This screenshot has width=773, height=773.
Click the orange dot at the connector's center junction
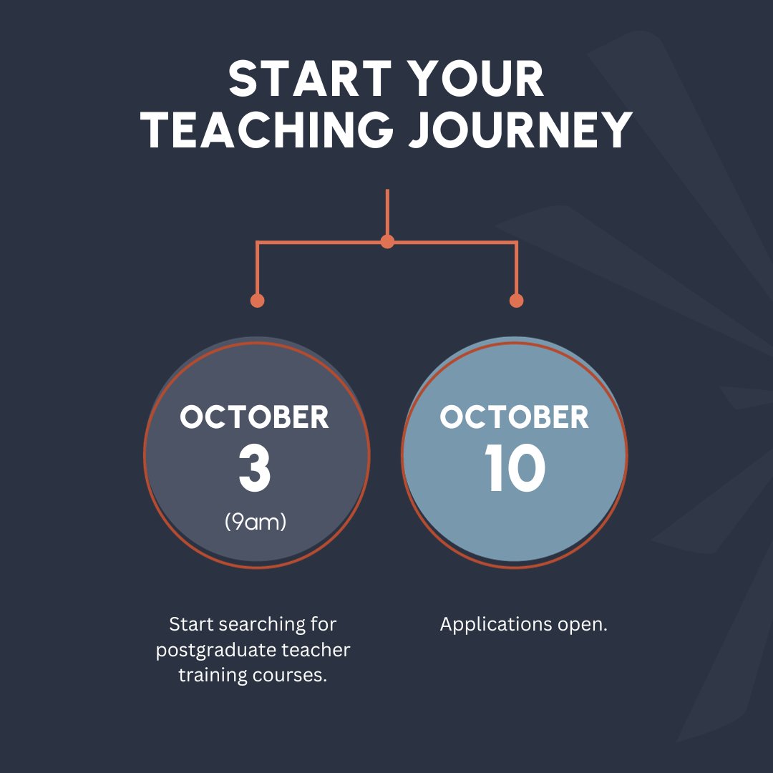pyautogui.click(x=387, y=242)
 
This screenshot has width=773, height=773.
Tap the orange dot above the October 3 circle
pyautogui.click(x=258, y=301)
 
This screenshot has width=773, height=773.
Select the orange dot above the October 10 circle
pyautogui.click(x=516, y=301)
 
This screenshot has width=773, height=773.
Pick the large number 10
pyautogui.click(x=515, y=470)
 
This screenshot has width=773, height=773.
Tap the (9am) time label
pyautogui.click(x=255, y=522)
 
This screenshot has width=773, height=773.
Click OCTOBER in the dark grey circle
pyautogui.click(x=255, y=417)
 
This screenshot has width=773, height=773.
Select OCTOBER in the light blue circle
pyautogui.click(x=515, y=417)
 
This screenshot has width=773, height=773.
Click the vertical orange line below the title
pyautogui.click(x=387, y=211)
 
